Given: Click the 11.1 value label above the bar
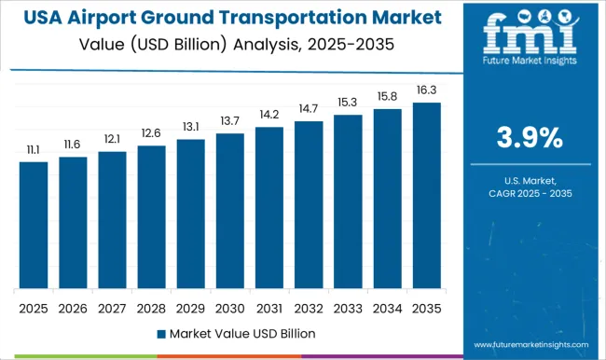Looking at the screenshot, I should [34, 149].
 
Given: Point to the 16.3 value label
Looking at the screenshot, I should [426, 90].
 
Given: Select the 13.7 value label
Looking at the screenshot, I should [229, 121].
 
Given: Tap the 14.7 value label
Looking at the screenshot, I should [309, 109].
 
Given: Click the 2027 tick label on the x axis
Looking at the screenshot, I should [112, 307].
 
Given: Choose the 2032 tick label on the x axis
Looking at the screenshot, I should [309, 307].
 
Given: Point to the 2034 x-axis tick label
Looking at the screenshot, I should [387, 307].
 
